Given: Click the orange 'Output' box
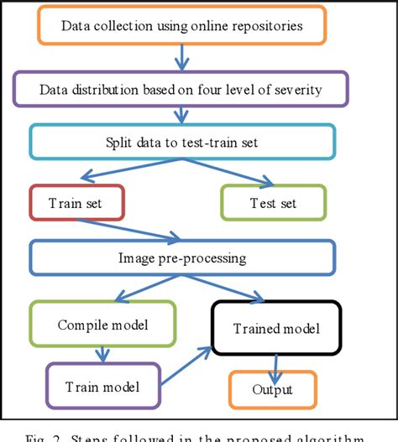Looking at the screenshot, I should point(274,390).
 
